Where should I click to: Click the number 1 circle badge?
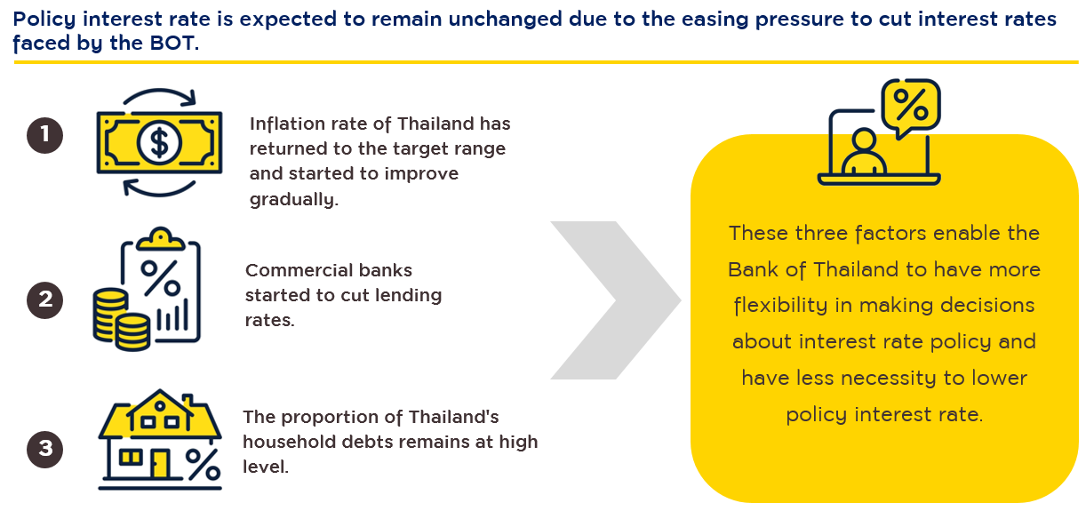(44, 135)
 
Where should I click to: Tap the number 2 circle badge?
(44, 300)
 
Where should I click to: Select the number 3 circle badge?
(44, 449)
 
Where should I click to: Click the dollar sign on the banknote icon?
(159, 143)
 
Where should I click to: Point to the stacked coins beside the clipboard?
(121, 319)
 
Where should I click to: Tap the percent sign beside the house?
(204, 464)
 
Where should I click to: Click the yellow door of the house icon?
(160, 463)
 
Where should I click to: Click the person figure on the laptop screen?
(864, 152)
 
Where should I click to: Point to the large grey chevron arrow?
(616, 300)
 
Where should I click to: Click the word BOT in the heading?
(172, 44)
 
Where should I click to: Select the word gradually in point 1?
(294, 199)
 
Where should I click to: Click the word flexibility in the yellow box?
(780, 306)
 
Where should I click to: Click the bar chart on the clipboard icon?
(172, 315)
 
